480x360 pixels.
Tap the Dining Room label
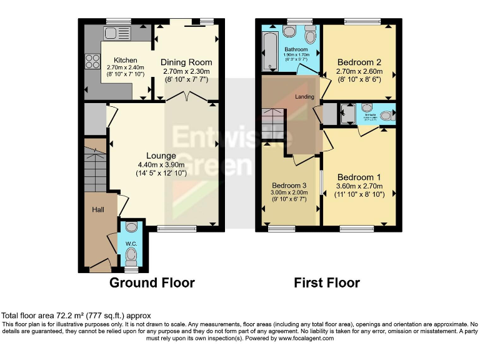(x=186, y=62)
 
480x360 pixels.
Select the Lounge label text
(x=161, y=156)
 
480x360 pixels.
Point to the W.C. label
(x=131, y=243)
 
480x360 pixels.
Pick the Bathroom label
(x=296, y=49)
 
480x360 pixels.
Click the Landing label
(x=305, y=96)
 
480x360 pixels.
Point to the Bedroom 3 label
(x=289, y=186)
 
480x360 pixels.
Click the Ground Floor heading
(x=152, y=282)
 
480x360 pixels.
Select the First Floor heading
(x=327, y=282)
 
